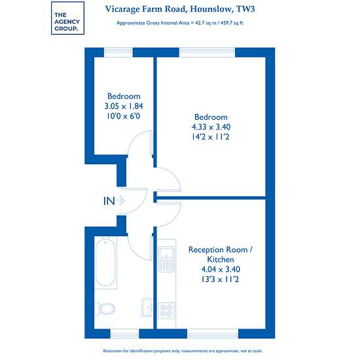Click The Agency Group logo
pos(67,18)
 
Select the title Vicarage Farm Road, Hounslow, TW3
pos(180,9)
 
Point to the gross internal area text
pos(179,23)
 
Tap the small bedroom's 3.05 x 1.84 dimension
pos(124,106)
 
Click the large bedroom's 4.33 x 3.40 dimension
pos(211,127)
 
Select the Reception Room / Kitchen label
pos(221,255)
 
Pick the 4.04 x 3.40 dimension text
pos(221,269)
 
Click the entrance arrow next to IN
pos(120,201)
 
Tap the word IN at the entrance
pos(109,201)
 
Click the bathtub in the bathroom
pos(105,263)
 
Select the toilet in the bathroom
pos(105,308)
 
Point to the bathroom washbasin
pos(147,307)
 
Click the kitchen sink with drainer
pos(166,259)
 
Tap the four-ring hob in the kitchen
pos(166,311)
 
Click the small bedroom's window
pos(118,52)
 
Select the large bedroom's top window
pos(207,52)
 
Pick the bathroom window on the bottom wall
pos(124,334)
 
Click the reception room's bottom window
pos(213,334)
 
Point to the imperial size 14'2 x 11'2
pos(211,137)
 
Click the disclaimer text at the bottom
pos(183,351)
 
